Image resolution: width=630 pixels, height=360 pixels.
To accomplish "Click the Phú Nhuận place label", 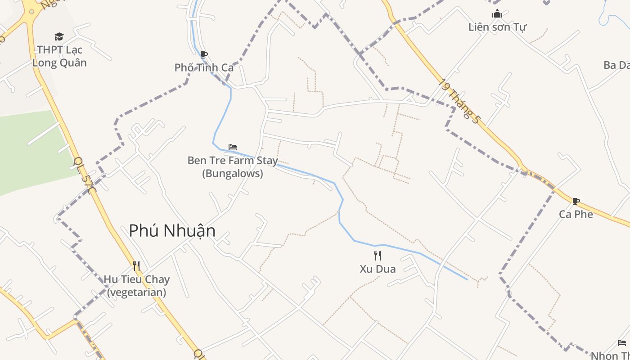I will (x=172, y=231).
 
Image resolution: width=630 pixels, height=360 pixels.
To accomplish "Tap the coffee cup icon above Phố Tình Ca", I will (x=204, y=55).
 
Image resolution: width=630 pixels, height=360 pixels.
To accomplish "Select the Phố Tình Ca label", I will (x=204, y=67).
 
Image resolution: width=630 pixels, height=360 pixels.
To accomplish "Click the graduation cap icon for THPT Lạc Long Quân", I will (x=59, y=36).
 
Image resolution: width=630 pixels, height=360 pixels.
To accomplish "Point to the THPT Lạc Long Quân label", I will (x=59, y=56).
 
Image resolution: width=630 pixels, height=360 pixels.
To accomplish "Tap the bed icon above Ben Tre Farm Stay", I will (x=233, y=147).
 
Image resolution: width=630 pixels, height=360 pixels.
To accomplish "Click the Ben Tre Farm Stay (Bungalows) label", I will (x=232, y=166).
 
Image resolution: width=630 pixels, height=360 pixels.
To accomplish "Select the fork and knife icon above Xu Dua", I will (x=378, y=256).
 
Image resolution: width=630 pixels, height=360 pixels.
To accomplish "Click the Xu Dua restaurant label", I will (x=378, y=269).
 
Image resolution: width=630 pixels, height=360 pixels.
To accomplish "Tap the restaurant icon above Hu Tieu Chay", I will (x=136, y=266).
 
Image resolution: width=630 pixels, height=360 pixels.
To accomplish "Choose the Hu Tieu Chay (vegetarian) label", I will (x=136, y=286).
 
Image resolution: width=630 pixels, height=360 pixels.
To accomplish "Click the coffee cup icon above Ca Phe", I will (x=576, y=201).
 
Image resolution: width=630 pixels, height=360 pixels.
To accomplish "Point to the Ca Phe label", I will (x=576, y=214).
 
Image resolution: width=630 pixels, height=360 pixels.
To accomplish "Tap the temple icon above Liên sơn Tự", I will (x=497, y=13).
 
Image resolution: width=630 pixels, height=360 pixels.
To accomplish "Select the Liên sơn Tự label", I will (x=497, y=27).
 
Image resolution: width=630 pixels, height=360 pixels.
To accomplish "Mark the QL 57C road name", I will (x=84, y=176).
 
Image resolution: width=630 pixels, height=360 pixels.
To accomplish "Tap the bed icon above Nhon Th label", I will (x=622, y=343).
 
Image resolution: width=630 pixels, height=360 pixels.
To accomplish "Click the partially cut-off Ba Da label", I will (x=616, y=65).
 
